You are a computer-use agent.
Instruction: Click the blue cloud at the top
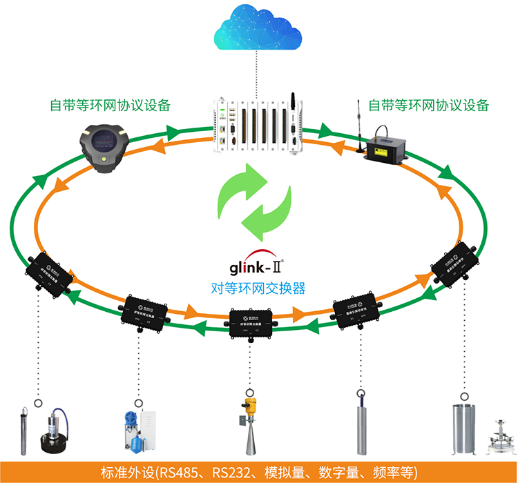click(258, 28)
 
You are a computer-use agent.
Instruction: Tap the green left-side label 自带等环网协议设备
click(110, 106)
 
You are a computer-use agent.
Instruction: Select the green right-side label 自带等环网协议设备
click(428, 105)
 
